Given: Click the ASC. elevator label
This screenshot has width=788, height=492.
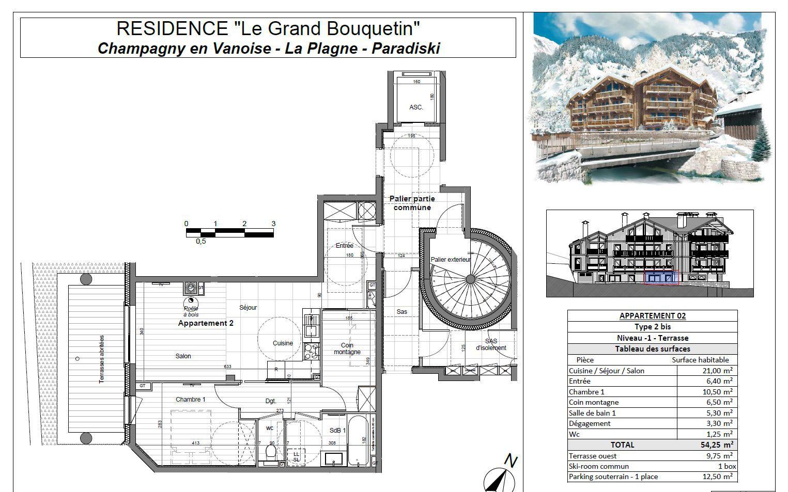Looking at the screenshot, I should pyautogui.click(x=416, y=107).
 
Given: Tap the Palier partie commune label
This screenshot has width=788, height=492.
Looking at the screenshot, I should pyautogui.click(x=412, y=203).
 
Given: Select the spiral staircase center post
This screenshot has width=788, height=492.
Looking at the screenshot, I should pyautogui.click(x=470, y=279).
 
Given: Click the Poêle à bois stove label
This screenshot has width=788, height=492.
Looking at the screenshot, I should pyautogui.click(x=191, y=311).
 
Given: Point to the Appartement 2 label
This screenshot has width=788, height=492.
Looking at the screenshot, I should pyautogui.click(x=206, y=323).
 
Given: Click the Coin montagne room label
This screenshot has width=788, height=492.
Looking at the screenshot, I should pyautogui.click(x=347, y=349).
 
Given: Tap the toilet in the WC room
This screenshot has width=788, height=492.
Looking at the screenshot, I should pyautogui.click(x=270, y=453).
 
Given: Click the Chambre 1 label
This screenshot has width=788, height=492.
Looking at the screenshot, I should pyautogui.click(x=190, y=400).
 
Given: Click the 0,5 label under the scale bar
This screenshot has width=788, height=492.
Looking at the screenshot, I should pyautogui.click(x=201, y=241).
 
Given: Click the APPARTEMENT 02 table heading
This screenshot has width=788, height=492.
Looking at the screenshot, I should pyautogui.click(x=652, y=315).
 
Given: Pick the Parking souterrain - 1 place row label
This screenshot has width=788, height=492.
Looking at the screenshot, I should pyautogui.click(x=613, y=477).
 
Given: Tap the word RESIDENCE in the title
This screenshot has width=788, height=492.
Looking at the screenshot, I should pyautogui.click(x=171, y=29).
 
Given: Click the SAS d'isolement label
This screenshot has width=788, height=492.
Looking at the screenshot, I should pyautogui.click(x=491, y=344).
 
